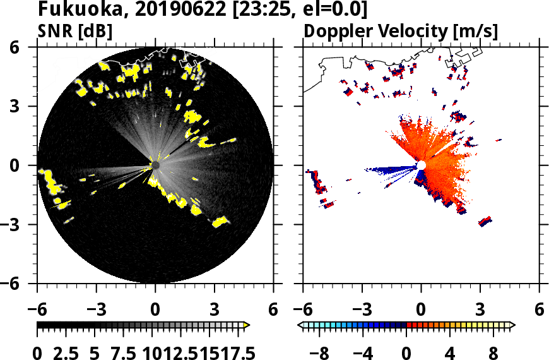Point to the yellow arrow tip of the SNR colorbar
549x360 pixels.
tap(247, 325)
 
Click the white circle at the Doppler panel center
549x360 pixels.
tap(421, 165)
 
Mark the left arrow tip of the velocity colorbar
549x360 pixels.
tap(300, 325)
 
